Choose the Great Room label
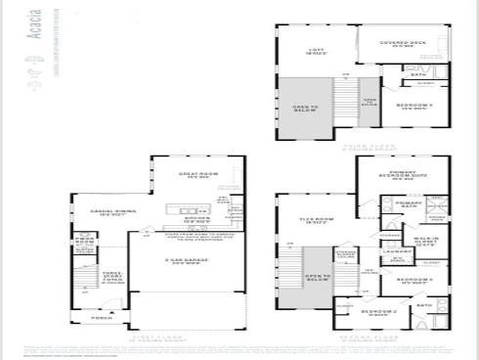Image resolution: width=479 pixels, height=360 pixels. pyautogui.click(x=193, y=176)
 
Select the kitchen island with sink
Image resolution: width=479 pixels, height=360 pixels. pyautogui.click(x=180, y=208)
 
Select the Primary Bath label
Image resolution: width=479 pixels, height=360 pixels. pyautogui.click(x=408, y=203)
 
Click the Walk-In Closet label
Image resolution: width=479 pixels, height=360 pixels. pyautogui.click(x=424, y=240)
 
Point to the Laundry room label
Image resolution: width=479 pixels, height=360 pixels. pyautogui.click(x=396, y=250)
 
